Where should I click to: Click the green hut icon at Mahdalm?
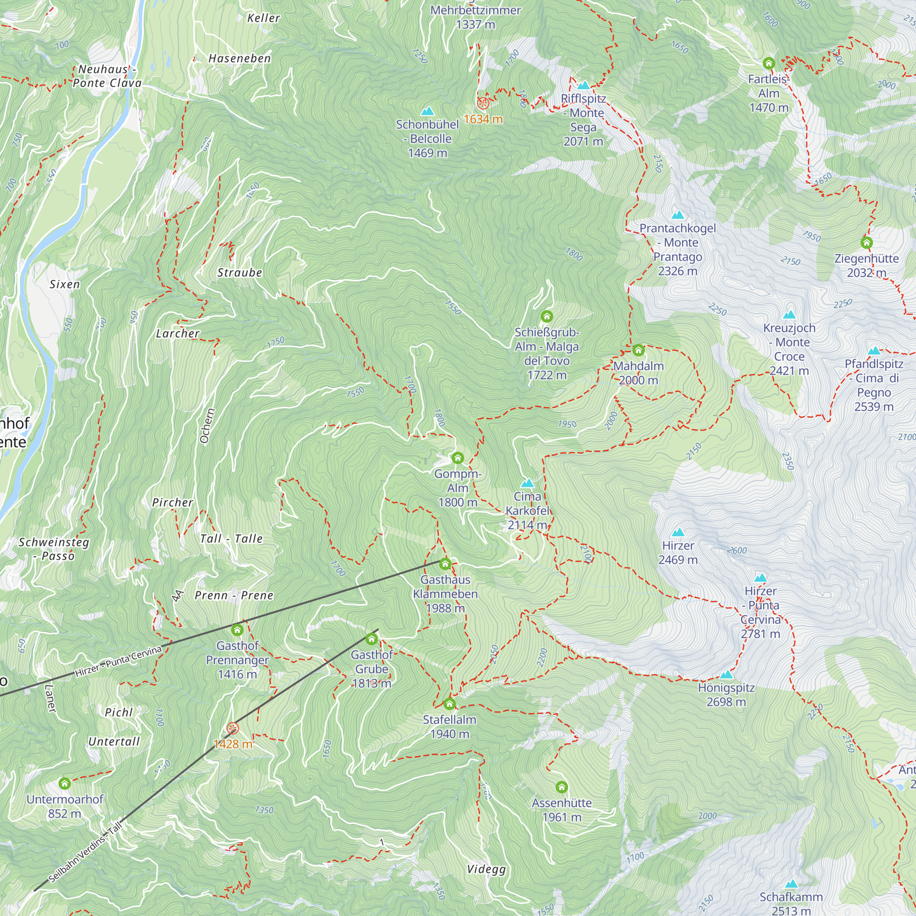point(638,350)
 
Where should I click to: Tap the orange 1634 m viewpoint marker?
point(482,103)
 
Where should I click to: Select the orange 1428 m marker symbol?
point(232,728)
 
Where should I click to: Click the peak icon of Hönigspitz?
point(726,675)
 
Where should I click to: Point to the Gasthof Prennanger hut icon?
point(237,630)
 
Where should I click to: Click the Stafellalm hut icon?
point(449,703)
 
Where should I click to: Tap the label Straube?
point(240,273)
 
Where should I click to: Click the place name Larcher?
point(178,333)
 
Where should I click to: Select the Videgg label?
point(486,869)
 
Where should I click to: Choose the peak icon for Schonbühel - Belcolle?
point(427,111)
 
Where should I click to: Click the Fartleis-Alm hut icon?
point(769,63)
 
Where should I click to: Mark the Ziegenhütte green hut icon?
point(866,243)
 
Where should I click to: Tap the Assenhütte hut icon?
point(562,787)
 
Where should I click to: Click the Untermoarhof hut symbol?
point(65,783)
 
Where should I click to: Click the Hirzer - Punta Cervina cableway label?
point(119,661)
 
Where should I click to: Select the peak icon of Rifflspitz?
point(583,85)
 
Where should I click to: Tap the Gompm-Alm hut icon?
point(457,458)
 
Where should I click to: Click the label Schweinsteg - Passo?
point(54,549)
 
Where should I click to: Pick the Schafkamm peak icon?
point(791,884)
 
